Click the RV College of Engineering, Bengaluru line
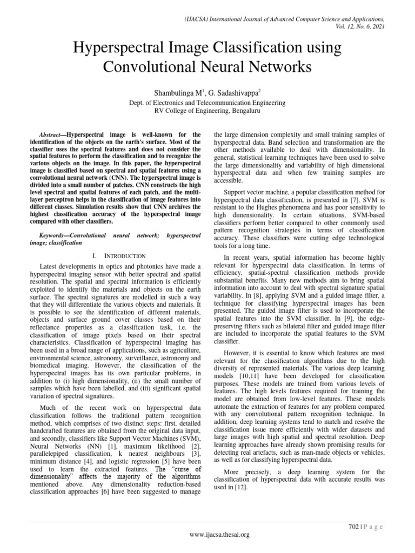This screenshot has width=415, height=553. [x=207, y=111]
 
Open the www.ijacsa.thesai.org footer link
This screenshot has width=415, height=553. [x=207, y=535]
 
